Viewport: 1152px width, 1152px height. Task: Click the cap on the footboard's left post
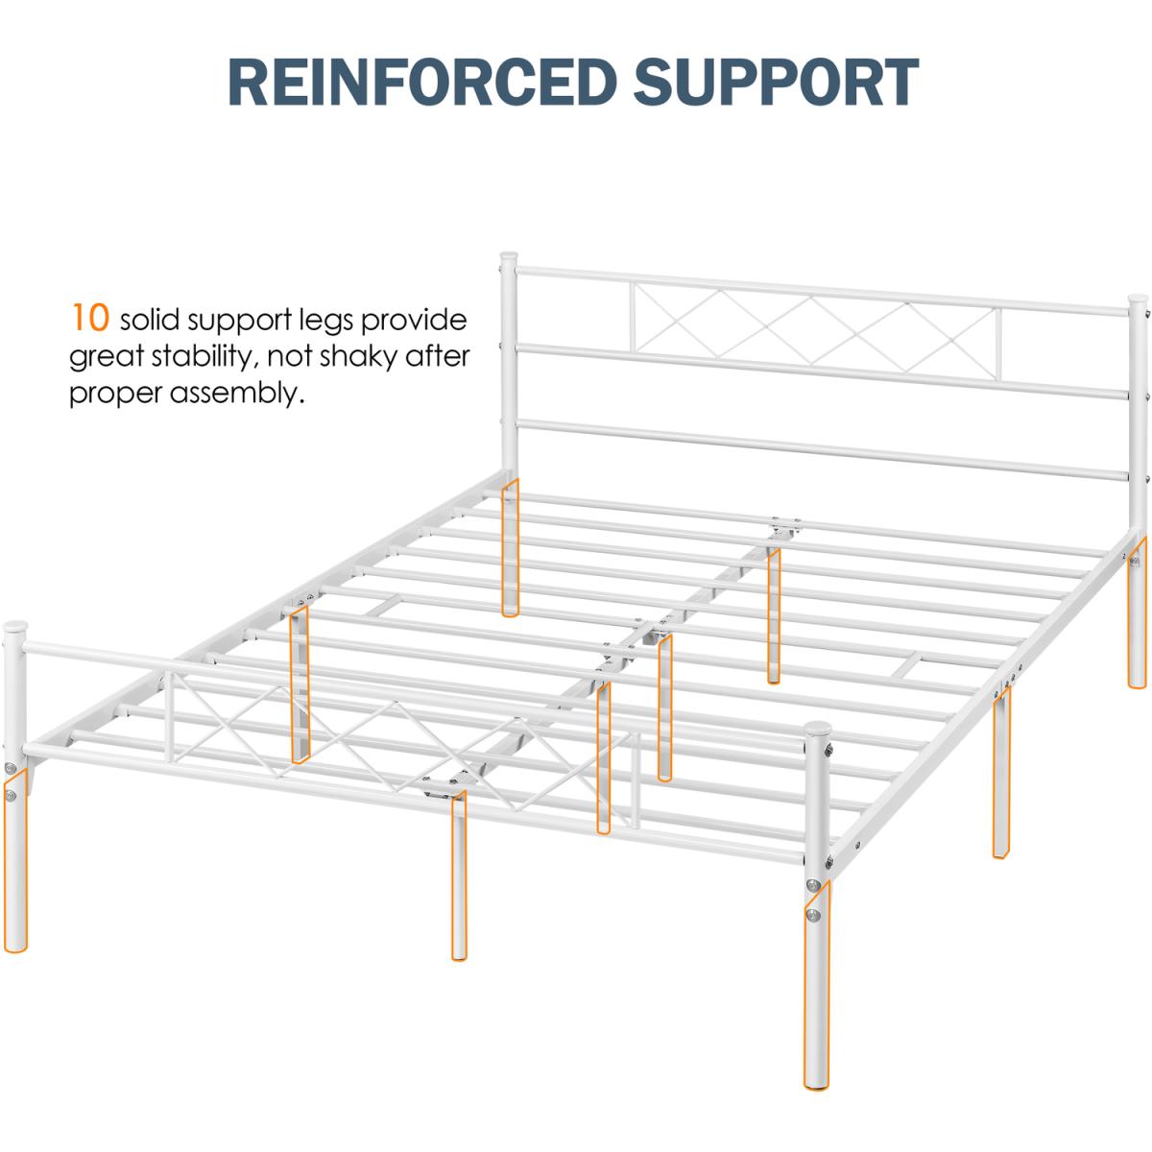point(15,630)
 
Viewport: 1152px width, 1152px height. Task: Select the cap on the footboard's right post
point(817,732)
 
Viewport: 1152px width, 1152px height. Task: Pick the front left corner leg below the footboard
point(15,864)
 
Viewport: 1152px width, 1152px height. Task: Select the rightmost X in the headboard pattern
point(946,337)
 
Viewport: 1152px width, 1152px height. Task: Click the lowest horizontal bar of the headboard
point(816,446)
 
